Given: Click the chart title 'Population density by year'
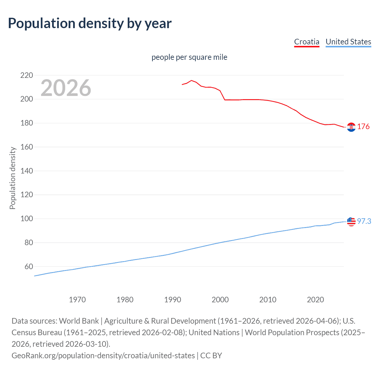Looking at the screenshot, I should [x=90, y=23].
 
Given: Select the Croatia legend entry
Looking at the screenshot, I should [x=306, y=42].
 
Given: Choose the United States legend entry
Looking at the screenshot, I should [x=348, y=42].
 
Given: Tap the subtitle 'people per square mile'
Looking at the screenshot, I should [x=189, y=57].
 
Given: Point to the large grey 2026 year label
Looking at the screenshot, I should [x=66, y=88].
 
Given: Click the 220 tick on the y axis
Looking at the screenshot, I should [x=27, y=75].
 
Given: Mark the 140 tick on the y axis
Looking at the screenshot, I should [x=27, y=171].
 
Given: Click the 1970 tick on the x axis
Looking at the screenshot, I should [x=77, y=300].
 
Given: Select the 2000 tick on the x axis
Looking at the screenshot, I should [x=220, y=300].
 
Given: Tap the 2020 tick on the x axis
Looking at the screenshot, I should [x=315, y=300].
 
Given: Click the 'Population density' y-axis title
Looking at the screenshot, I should [x=12, y=178].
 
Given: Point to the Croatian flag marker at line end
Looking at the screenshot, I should [x=351, y=127].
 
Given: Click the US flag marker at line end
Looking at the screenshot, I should [x=351, y=221].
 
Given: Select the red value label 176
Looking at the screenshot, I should [x=363, y=127].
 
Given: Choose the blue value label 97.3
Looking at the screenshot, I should [x=364, y=221].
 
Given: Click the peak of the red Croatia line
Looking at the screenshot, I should [x=191, y=80].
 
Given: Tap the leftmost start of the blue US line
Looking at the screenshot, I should [x=35, y=276].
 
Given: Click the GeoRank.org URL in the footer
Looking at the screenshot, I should [x=103, y=355].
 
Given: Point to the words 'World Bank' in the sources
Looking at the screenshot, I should [x=79, y=321].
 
